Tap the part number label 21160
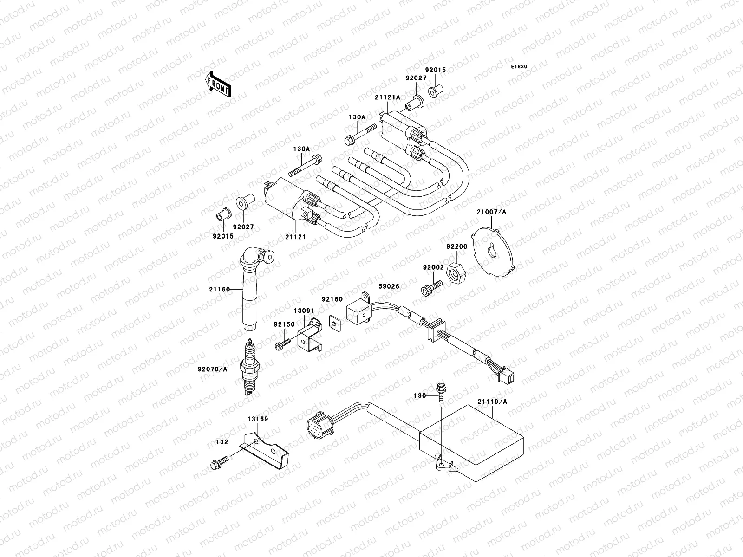pos(219,289)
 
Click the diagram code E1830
pos(519,67)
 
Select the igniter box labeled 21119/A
pos(471,446)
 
